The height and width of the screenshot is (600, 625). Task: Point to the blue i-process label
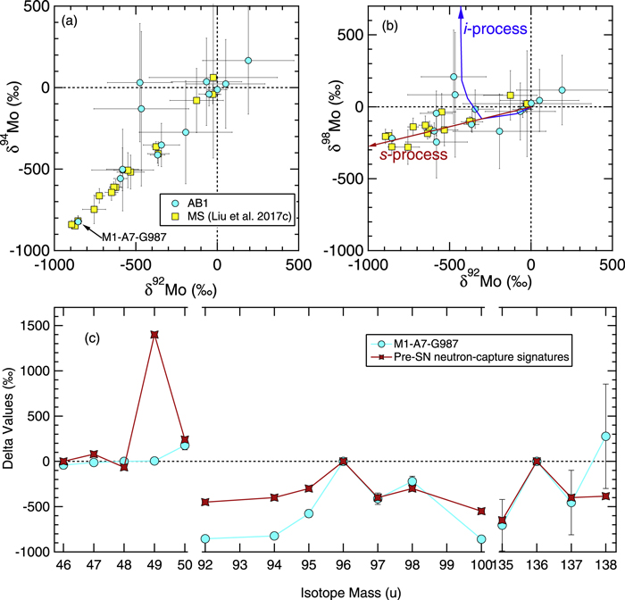coord(496,29)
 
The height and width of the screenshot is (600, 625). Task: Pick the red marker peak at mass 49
coord(154,335)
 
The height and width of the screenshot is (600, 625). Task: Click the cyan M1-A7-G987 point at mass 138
coord(605,436)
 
